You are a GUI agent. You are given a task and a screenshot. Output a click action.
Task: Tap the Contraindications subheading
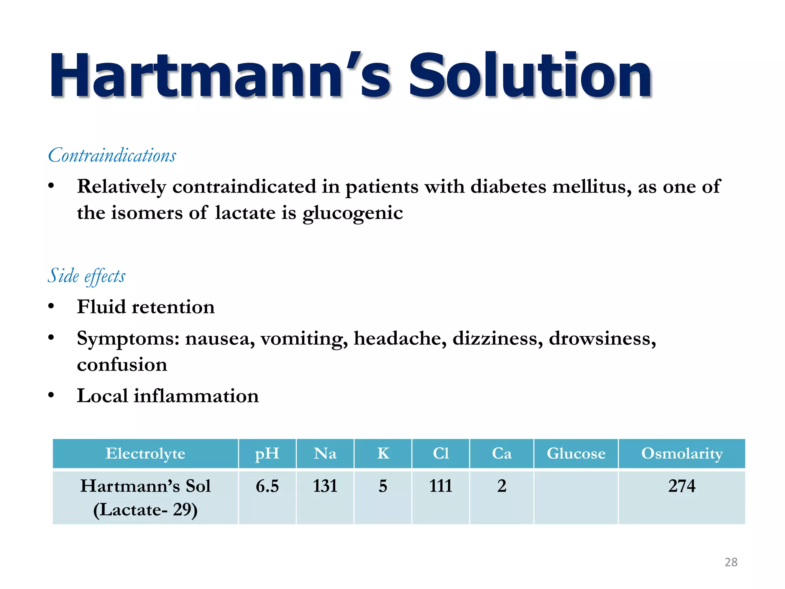[x=112, y=155]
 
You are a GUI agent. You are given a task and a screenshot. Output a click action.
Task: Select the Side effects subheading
[x=87, y=276]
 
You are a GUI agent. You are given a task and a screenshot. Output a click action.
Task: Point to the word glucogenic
[x=353, y=213]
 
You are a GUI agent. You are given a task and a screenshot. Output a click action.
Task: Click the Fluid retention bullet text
[x=146, y=307]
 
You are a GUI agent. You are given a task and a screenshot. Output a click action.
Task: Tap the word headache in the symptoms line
[x=400, y=338]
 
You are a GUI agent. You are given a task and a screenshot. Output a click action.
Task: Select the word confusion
[x=122, y=364]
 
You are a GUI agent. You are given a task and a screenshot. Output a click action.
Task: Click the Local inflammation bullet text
[x=168, y=396]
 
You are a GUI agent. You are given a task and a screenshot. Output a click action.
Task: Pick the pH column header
[x=267, y=454]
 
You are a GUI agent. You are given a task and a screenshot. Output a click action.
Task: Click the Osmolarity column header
[x=682, y=454]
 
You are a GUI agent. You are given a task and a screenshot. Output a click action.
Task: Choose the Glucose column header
[x=576, y=454]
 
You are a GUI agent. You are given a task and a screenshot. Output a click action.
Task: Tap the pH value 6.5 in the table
[x=267, y=486]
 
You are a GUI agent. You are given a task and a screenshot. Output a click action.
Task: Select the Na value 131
[x=325, y=486]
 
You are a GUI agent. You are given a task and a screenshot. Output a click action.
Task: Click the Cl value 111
[x=440, y=486]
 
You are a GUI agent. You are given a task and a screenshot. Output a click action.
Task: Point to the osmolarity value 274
[x=682, y=486]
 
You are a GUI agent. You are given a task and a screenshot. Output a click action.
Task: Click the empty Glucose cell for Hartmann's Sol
[x=576, y=497]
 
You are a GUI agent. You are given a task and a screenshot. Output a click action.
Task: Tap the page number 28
[x=731, y=562]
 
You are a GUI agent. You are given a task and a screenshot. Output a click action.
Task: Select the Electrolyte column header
[x=145, y=454]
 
